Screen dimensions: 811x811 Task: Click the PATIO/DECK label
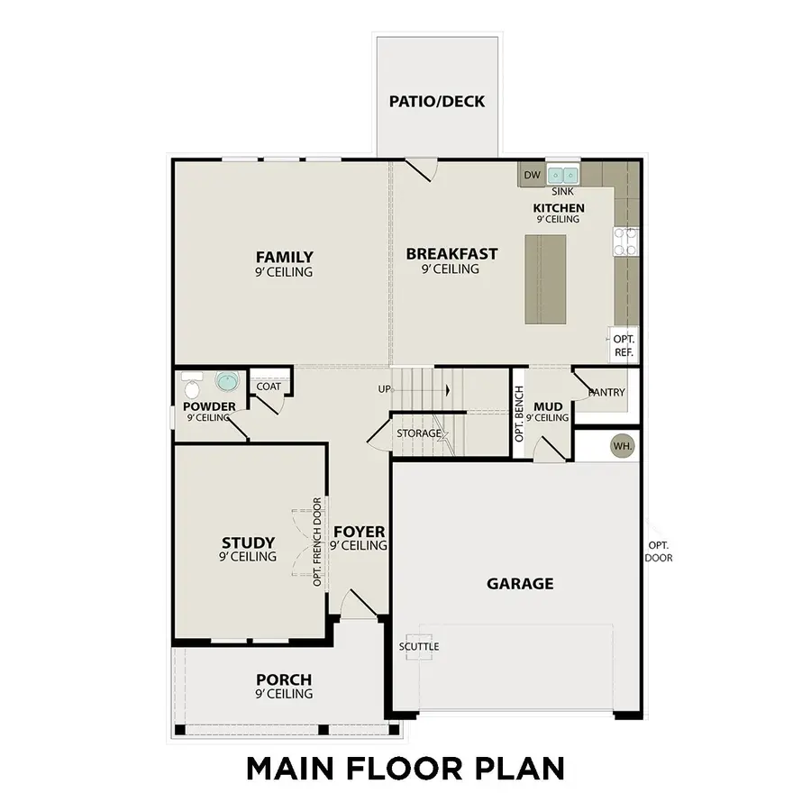[x=438, y=102]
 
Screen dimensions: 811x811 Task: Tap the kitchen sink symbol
[x=564, y=175]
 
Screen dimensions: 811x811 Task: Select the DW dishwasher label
[x=531, y=175]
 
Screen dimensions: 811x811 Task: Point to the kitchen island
[x=545, y=278]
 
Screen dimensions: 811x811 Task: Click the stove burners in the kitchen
[x=625, y=241]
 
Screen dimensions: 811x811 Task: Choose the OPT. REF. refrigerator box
[x=624, y=346]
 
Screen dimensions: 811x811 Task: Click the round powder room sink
[x=225, y=381]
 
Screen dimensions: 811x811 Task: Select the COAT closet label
[x=269, y=387]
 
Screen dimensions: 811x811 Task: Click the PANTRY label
[x=606, y=393]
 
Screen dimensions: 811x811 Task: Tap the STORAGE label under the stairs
[x=419, y=433]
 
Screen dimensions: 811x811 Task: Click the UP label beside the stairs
[x=385, y=389]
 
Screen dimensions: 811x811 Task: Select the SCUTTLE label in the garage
[x=419, y=647]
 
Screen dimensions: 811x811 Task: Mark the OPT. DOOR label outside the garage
[x=659, y=551]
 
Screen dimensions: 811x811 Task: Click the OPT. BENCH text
[x=520, y=414]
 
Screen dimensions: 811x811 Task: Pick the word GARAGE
[x=520, y=584]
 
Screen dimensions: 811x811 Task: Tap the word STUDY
[x=248, y=542]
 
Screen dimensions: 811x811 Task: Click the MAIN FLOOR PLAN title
[x=405, y=769]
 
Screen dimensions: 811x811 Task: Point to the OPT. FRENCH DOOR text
[x=317, y=542]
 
